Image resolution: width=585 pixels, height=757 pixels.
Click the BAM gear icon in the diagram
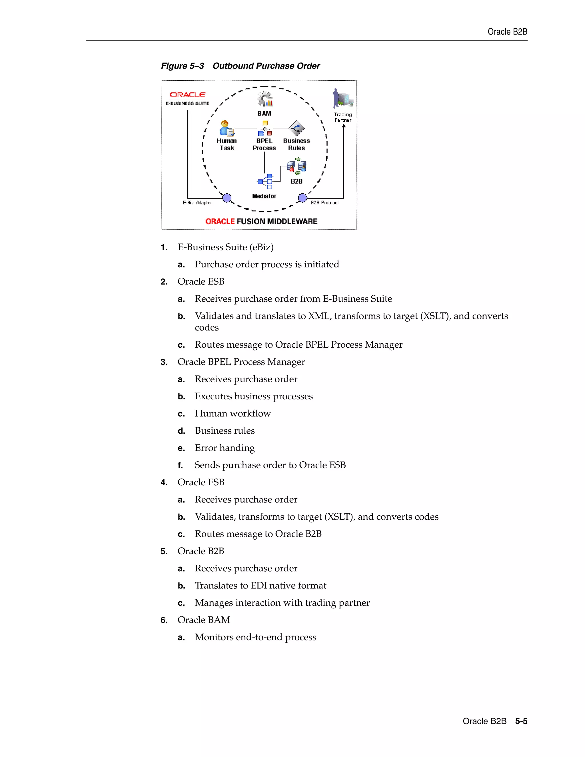265,99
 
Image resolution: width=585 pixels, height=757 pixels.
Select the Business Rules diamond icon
297,128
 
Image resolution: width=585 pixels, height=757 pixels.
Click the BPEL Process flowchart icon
265,128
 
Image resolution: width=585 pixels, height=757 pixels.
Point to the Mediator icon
265,181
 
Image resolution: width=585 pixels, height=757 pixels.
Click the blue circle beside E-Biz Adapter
227,198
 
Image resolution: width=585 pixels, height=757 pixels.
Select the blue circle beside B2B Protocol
302,198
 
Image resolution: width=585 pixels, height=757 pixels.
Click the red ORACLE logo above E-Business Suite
187,95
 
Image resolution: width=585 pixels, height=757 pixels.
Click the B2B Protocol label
324,203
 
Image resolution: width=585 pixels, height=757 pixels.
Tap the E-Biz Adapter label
197,203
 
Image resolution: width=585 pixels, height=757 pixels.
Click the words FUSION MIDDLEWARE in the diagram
277,221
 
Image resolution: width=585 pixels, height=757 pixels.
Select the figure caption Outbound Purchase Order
266,66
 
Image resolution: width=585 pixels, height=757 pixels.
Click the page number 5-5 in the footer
521,721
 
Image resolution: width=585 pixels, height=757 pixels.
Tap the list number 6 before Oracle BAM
164,620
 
